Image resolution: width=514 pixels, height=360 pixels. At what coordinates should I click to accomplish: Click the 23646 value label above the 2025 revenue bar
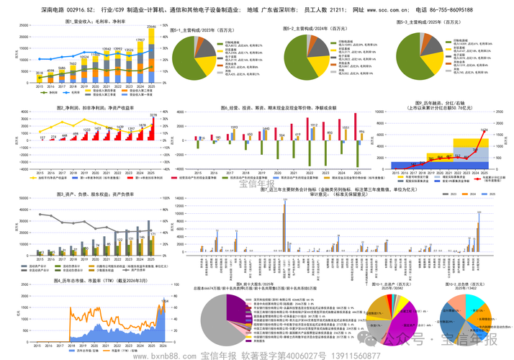tap(151, 27)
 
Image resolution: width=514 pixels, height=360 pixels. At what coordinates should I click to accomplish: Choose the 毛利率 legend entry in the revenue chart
tap(76, 92)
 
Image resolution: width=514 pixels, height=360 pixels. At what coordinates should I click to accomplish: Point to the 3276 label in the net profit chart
tap(153, 115)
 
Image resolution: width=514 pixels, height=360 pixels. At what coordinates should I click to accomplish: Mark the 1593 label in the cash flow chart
tap(234, 127)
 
